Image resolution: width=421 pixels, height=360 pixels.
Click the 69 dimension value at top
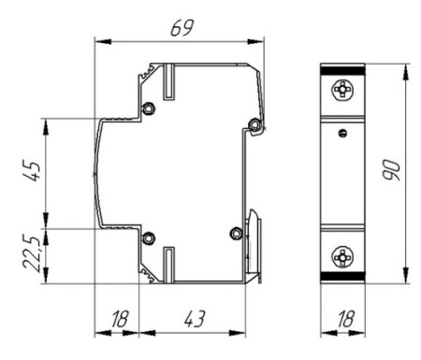tap(182, 28)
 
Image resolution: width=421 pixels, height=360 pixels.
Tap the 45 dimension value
tap(32, 171)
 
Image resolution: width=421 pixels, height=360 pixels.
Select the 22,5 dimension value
tap(31, 254)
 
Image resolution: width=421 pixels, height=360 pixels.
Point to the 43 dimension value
tap(195, 319)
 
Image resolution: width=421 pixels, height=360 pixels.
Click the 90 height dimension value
tap(391, 170)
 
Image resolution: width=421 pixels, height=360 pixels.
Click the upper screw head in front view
tap(342, 90)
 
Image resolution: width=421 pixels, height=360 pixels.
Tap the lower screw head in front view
tap(342, 257)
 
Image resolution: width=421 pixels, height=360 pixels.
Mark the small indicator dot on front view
tap(342, 134)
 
